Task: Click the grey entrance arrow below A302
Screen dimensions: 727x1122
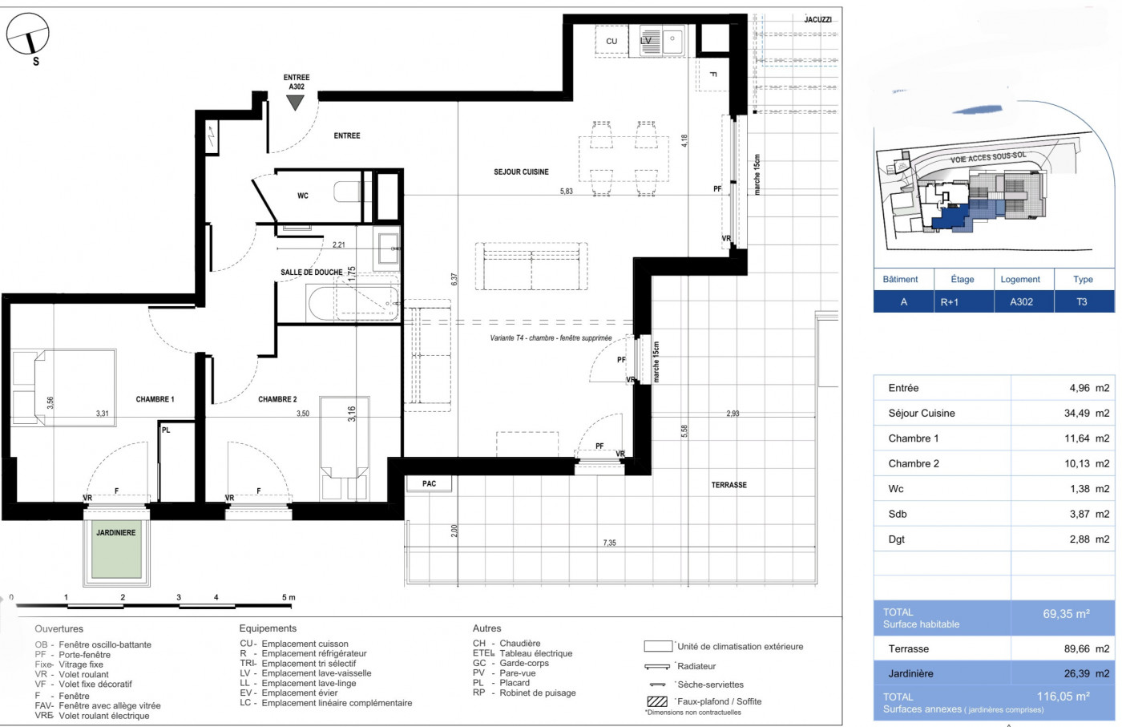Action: [296, 102]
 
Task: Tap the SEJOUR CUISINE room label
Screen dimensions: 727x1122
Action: [521, 172]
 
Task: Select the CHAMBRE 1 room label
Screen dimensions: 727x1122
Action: [155, 399]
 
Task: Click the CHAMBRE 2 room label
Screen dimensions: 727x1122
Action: [277, 399]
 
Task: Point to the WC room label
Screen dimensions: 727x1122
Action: [303, 196]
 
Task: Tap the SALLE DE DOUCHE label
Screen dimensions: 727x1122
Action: [311, 273]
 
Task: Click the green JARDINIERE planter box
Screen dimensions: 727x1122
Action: [116, 551]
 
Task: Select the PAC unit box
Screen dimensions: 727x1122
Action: [430, 483]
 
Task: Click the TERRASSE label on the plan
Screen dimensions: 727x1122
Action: [728, 485]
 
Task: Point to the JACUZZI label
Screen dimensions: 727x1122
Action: [818, 20]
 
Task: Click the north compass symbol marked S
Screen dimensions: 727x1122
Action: [28, 36]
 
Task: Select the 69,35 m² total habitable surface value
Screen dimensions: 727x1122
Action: [1066, 614]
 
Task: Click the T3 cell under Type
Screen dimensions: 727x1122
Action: [1082, 302]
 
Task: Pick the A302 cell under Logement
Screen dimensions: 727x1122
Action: [1020, 302]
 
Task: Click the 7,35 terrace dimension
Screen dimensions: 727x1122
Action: [610, 543]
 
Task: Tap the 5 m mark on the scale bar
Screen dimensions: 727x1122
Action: [289, 597]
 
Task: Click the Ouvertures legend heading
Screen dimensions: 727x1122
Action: [59, 629]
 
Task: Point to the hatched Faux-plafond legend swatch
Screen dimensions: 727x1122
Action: [656, 702]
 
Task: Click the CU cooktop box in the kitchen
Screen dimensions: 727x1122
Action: [611, 41]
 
